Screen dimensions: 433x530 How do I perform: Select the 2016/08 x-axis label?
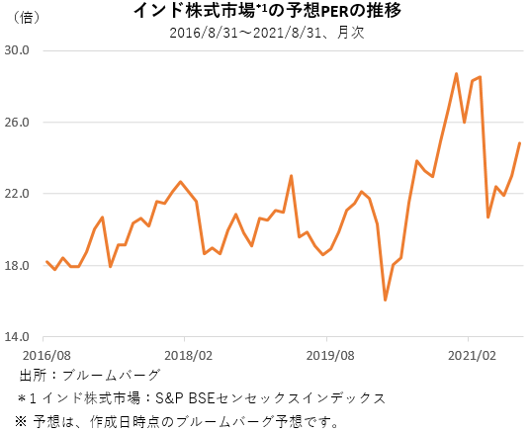pos(46,354)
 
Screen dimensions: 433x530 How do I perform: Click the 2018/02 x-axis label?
pos(188,354)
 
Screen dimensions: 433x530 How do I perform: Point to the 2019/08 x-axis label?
pos(330,354)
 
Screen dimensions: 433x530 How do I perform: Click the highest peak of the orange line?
pos(456,73)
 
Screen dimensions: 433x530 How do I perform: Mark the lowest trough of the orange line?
pos(386,300)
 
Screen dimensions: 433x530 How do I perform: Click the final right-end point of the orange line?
pos(520,143)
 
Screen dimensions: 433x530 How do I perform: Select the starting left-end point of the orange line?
pos(46,262)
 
